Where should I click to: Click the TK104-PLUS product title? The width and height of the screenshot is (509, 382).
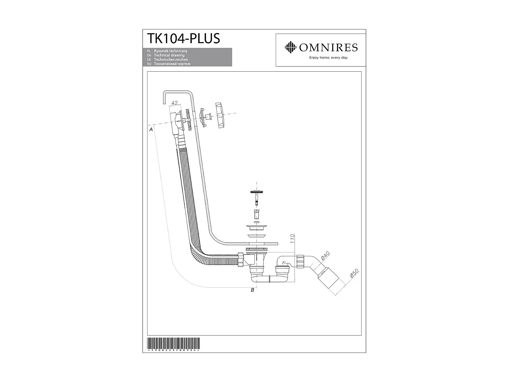click(183, 38)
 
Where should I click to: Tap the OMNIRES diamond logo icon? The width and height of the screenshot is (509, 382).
click(290, 47)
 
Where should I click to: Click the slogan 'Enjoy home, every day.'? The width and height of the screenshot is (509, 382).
click(328, 58)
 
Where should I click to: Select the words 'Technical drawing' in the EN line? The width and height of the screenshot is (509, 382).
click(169, 55)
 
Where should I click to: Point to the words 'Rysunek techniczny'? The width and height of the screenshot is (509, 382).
click(170, 51)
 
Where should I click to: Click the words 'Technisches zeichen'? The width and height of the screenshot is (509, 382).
click(171, 59)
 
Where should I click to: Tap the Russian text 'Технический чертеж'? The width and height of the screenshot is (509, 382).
click(172, 64)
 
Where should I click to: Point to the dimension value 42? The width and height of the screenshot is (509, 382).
click(175, 103)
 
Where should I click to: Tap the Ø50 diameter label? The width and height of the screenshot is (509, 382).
click(354, 274)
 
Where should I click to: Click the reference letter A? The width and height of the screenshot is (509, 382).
click(151, 129)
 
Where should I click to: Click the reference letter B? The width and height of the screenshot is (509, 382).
click(252, 290)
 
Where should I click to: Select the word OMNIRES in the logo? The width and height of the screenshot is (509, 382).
click(328, 48)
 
